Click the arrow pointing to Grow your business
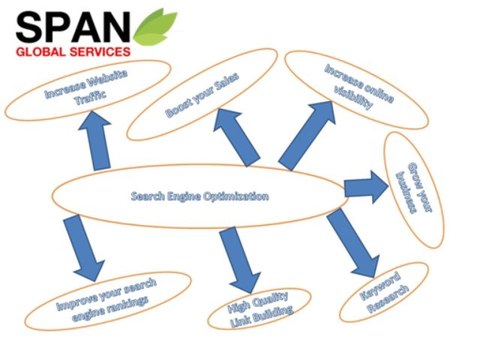point(365,186)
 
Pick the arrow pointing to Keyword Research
point(354,246)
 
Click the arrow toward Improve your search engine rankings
point(82,248)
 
